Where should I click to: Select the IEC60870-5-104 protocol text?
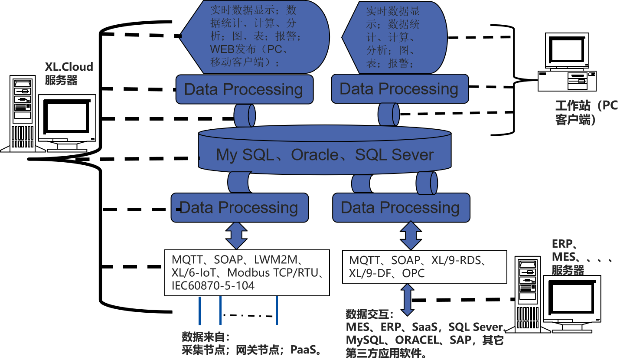click(x=213, y=285)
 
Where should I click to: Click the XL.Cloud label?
click(x=69, y=67)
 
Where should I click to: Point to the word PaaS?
click(x=303, y=350)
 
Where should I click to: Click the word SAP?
click(x=461, y=340)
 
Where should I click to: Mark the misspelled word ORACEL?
click(x=416, y=340)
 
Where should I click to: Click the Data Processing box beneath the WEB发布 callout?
click(x=244, y=89)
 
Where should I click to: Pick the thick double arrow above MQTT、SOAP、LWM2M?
click(x=236, y=236)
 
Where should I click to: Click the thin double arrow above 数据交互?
click(x=407, y=299)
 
